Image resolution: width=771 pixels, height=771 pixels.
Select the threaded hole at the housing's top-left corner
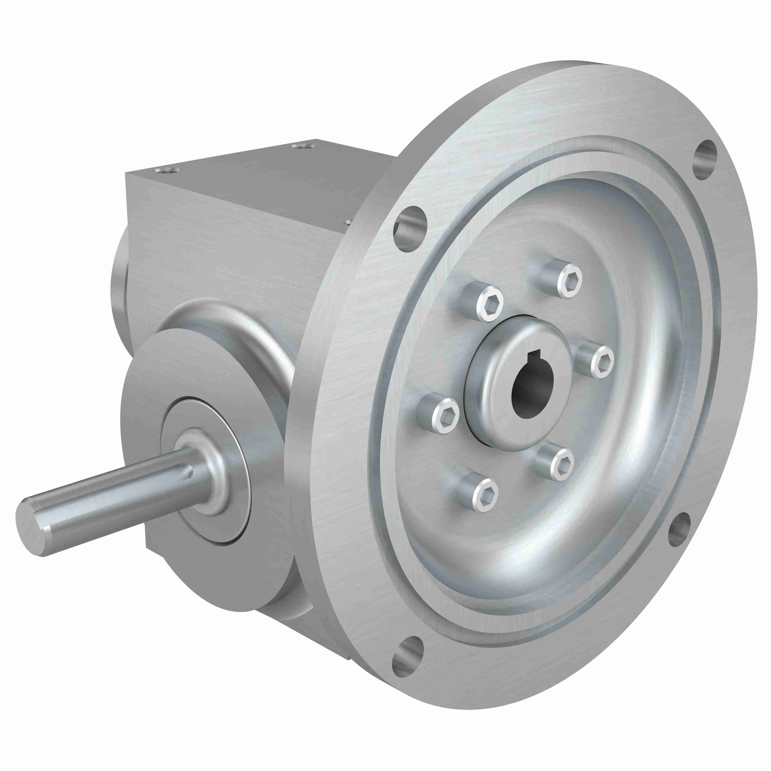[x=167, y=171]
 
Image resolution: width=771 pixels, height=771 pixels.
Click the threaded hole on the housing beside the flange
[x=347, y=222]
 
